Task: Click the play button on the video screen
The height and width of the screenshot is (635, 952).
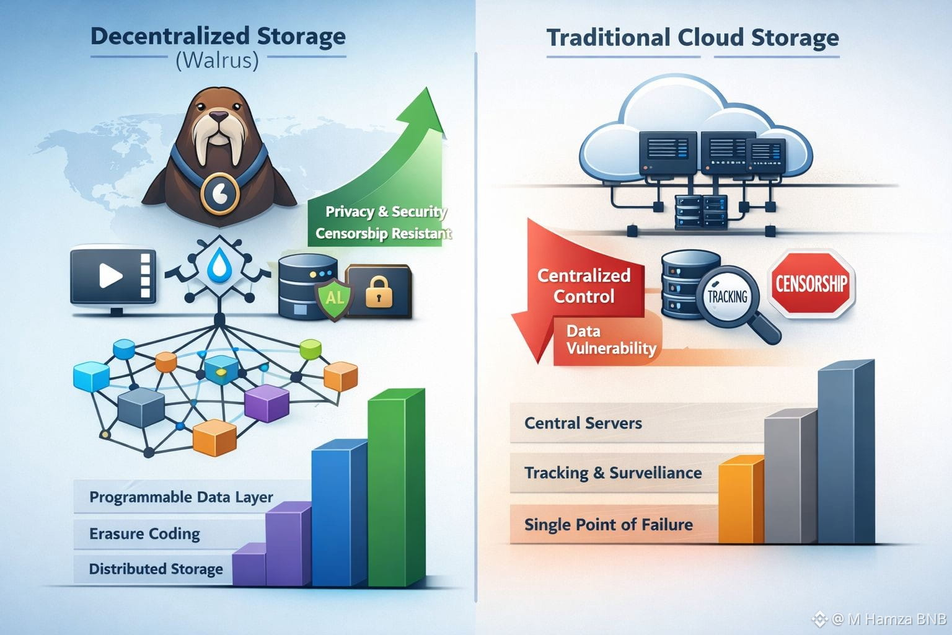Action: coord(110,275)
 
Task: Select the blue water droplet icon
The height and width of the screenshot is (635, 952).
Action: coord(218,265)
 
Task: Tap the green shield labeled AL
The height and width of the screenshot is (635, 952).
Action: coord(335,297)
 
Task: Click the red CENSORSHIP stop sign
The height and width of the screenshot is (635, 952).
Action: coord(811,284)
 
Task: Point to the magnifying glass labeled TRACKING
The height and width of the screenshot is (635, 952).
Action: coord(728,296)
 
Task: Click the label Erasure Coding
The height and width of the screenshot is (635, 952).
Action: coord(144,534)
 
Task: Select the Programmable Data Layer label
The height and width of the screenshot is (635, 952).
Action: coord(181,497)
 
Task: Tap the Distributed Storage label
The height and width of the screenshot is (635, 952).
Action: coord(156,569)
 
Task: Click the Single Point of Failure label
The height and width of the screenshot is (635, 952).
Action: coord(608,525)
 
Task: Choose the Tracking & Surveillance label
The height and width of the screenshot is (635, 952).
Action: coord(613,473)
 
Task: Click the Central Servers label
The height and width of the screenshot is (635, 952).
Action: coord(583,424)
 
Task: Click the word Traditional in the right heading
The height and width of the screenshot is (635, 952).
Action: coord(608,38)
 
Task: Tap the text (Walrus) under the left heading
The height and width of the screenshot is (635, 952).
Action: coord(217,61)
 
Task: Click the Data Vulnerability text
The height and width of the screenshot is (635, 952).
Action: coord(610,340)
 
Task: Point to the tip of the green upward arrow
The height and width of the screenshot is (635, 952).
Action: coord(427,89)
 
